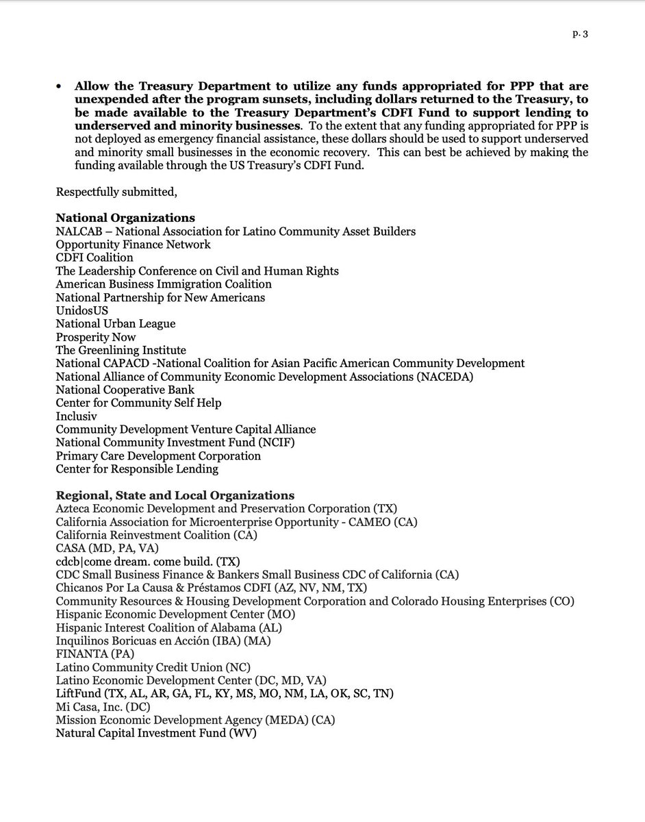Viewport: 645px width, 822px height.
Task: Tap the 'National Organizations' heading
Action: pyautogui.click(x=125, y=218)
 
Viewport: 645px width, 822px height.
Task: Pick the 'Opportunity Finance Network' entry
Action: pyautogui.click(x=133, y=245)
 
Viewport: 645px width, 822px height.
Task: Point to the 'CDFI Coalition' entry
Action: pyautogui.click(x=94, y=258)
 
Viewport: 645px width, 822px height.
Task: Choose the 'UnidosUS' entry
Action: pyautogui.click(x=81, y=310)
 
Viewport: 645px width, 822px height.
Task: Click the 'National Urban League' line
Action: pyautogui.click(x=115, y=323)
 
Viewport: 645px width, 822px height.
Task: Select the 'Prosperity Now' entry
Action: pyautogui.click(x=96, y=337)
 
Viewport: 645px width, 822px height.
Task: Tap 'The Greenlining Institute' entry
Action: pyautogui.click(x=121, y=350)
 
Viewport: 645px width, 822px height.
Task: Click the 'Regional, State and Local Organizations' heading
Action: pyautogui.click(x=175, y=495)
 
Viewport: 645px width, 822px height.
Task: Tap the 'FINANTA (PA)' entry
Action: pyautogui.click(x=94, y=653)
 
